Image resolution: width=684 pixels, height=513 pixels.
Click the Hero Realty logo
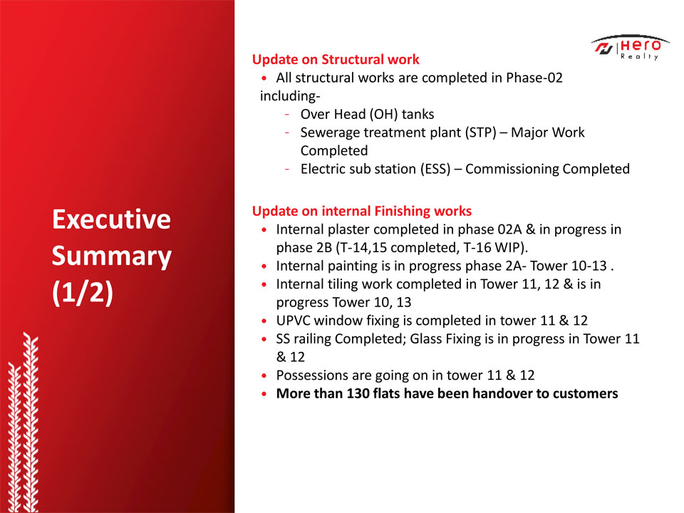pos(631,47)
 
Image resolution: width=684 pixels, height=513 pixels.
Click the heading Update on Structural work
pos(336,59)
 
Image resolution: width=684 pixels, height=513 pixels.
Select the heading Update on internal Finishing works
pos(362,211)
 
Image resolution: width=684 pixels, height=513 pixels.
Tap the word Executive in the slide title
pos(111,219)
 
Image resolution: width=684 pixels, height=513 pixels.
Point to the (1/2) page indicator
pos(83,292)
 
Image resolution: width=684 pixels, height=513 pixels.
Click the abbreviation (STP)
pos(480,133)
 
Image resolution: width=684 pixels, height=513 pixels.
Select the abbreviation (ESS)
pos(435,170)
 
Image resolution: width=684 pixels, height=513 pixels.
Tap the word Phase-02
pos(534,78)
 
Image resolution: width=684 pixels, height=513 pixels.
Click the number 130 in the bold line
pos(358,393)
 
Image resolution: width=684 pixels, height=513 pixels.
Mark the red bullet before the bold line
pos(264,394)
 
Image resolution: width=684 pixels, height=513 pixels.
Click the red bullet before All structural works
pos(264,78)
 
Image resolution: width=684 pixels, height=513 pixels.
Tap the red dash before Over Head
pos(287,114)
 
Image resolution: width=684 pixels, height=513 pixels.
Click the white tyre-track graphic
pos(23,423)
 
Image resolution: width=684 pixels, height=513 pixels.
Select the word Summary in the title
pos(112,256)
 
